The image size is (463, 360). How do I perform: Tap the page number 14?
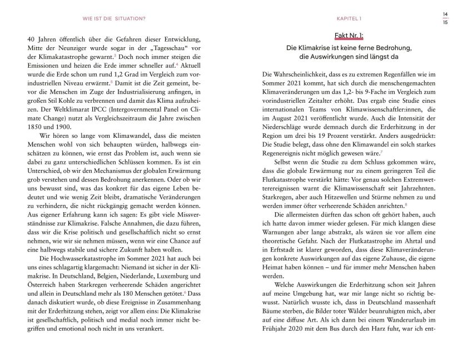(x=445, y=13)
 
